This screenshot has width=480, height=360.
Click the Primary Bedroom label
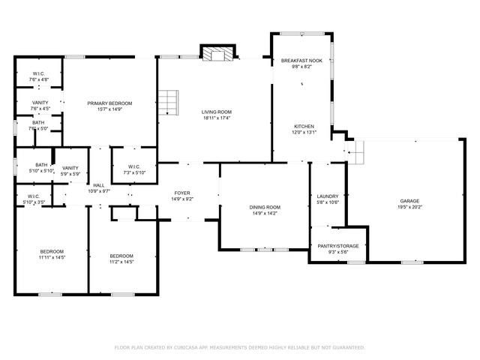click(109, 103)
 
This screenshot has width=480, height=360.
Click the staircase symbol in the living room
click(169, 100)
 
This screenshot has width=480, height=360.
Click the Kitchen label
click(304, 126)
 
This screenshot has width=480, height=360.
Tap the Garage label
click(409, 201)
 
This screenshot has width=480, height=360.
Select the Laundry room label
click(328, 196)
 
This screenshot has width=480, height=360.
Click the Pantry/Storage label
click(338, 246)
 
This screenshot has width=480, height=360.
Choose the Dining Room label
click(265, 207)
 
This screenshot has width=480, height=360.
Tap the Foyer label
click(182, 193)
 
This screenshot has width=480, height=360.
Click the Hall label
click(99, 185)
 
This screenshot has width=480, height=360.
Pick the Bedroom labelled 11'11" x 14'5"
click(52, 251)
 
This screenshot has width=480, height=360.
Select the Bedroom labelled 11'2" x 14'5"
click(121, 256)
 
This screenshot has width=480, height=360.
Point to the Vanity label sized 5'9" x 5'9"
click(70, 168)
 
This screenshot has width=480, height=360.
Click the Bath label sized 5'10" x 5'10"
click(41, 165)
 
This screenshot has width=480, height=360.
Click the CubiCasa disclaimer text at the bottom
click(239, 347)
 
